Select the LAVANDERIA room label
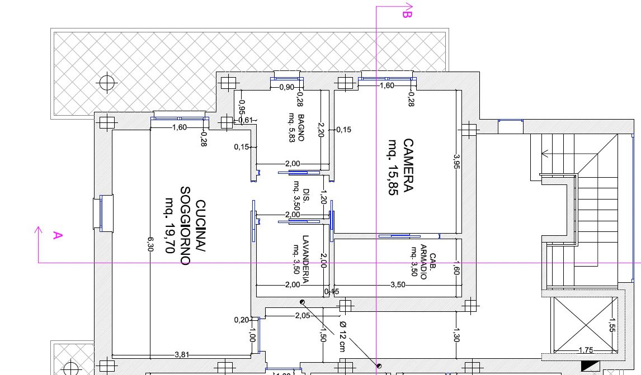pos(305,259)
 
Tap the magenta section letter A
pos(58,235)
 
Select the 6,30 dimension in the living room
pos(150,244)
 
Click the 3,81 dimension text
pos(182,354)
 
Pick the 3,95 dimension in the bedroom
pos(456,162)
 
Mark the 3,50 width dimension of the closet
pos(398,284)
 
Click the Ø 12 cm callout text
pos(342,336)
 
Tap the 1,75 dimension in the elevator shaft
pos(586,350)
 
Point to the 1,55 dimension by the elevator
pos(611,325)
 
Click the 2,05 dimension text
pos(303,315)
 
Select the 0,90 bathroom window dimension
pos(287,87)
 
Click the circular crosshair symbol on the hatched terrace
pos(107,83)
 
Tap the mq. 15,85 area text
pos(393,168)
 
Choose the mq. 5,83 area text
pos(292,127)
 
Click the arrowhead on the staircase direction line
pos(545,154)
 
